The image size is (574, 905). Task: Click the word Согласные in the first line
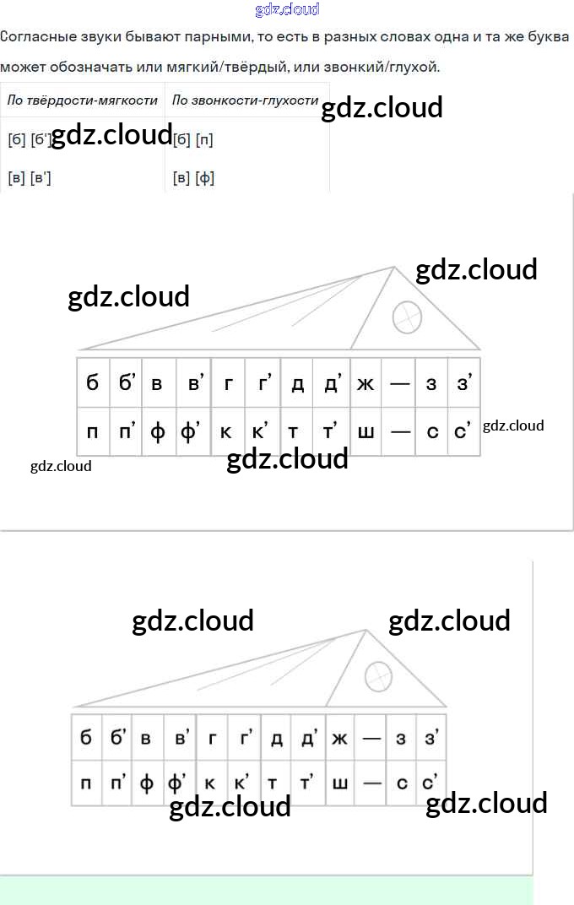point(35,37)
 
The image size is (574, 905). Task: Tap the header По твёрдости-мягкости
point(83,100)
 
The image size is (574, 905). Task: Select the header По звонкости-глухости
point(245,100)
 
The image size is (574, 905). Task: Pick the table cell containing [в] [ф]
point(193,178)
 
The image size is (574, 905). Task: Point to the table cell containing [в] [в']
point(30,178)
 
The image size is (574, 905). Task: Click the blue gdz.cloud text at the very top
point(287,10)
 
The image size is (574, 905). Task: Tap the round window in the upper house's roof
point(407,317)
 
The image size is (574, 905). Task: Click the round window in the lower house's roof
point(378,675)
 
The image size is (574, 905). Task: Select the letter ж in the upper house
point(366,384)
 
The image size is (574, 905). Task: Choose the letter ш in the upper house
point(366,432)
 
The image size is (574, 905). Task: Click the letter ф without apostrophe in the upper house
point(158,432)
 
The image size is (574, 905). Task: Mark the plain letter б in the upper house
point(92,384)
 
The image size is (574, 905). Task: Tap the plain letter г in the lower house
point(212,740)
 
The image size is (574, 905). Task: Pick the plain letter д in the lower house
point(277,740)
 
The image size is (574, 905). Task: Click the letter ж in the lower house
point(340,740)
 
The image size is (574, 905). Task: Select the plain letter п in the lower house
point(86,783)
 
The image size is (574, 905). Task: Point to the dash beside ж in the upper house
point(400,384)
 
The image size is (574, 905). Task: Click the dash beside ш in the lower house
point(372,783)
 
